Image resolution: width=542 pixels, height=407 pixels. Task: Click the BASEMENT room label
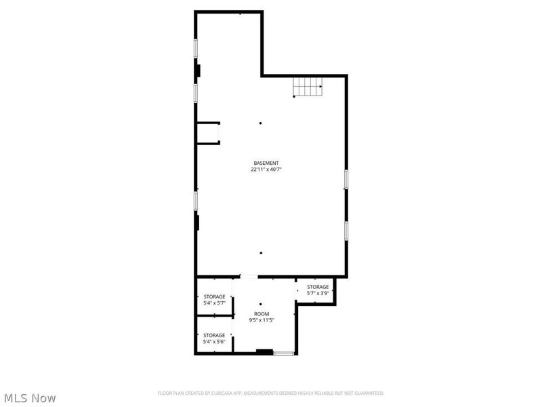point(266,163)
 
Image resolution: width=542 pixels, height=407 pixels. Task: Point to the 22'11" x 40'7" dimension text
point(266,170)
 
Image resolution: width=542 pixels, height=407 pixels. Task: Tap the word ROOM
point(261,313)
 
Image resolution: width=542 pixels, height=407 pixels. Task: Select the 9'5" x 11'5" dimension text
point(261,319)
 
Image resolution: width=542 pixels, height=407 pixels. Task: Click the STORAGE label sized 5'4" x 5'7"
point(214,296)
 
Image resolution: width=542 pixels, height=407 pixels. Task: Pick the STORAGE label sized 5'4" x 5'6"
point(214,335)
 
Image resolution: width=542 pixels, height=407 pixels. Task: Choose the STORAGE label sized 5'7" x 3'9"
point(318,287)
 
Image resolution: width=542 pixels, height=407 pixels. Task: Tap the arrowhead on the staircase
point(320,86)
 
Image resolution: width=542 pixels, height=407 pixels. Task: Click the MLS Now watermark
point(30,398)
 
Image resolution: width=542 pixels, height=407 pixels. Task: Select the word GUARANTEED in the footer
point(369,393)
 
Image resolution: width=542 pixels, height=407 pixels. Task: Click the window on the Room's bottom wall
point(283,353)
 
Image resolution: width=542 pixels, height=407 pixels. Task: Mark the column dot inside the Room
point(261,304)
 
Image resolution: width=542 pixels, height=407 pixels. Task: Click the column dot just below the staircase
point(294,96)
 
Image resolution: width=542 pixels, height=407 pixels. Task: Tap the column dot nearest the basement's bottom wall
point(261,252)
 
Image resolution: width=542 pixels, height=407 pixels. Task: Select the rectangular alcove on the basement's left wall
point(208,133)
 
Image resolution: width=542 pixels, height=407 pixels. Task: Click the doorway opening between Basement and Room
point(249,277)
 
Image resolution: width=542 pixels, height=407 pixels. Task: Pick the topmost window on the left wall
point(196,48)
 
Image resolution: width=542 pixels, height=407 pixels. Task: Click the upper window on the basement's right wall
point(346,178)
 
